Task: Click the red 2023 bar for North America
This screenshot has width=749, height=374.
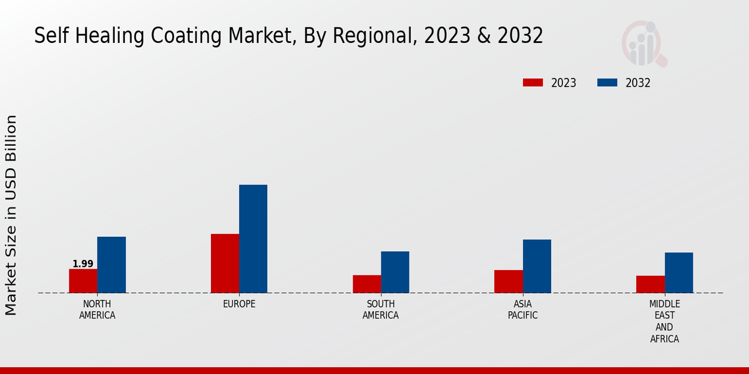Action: pyautogui.click(x=83, y=281)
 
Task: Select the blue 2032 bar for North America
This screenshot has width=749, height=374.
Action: pyautogui.click(x=111, y=265)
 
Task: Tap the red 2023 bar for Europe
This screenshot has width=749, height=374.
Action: pyautogui.click(x=225, y=263)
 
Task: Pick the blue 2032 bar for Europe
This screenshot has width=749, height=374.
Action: pyautogui.click(x=253, y=239)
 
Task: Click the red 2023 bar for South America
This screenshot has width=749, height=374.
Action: pyautogui.click(x=366, y=284)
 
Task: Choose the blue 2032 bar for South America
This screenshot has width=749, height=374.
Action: pyautogui.click(x=395, y=272)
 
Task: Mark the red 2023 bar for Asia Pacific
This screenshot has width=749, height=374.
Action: pyautogui.click(x=508, y=282)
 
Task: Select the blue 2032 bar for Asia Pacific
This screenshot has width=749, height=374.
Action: pyautogui.click(x=537, y=266)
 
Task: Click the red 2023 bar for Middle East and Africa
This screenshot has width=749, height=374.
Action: pyautogui.click(x=650, y=284)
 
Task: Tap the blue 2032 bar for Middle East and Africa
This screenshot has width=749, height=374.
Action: pyautogui.click(x=678, y=273)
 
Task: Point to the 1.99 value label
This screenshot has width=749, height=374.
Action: pyautogui.click(x=83, y=264)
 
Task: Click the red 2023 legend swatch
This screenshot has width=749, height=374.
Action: pyautogui.click(x=533, y=83)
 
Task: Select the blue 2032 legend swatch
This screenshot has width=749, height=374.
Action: pyautogui.click(x=607, y=83)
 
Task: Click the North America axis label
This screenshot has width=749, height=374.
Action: pyautogui.click(x=97, y=310)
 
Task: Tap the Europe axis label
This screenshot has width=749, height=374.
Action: pyautogui.click(x=239, y=304)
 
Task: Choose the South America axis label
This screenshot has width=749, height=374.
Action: pyautogui.click(x=381, y=310)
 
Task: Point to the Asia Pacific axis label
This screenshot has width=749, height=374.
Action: pyautogui.click(x=523, y=310)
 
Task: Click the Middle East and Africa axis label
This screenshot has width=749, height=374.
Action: pyautogui.click(x=665, y=322)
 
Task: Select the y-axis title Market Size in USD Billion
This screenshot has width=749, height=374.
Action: pyautogui.click(x=11, y=215)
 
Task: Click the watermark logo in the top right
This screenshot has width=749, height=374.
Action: pyautogui.click(x=644, y=44)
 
